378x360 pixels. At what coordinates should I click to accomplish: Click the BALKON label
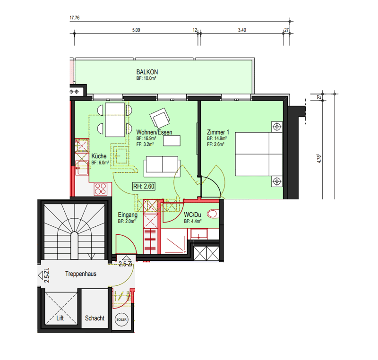pos(147,72)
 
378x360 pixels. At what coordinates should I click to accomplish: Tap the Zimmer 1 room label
pos(218,132)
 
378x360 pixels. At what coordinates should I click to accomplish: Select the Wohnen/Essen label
pos(155,132)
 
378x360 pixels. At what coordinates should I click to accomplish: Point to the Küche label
pos(99,156)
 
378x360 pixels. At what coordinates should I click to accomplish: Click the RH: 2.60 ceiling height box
pos(144,186)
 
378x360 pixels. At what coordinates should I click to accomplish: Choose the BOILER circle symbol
pos(121,319)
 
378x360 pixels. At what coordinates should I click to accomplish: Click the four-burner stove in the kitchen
pos(101,189)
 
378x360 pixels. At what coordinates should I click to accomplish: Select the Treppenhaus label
pos(81,274)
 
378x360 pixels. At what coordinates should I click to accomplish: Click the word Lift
pos(60,318)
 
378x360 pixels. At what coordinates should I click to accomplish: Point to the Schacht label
pos(95,318)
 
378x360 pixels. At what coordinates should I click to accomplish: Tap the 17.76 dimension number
pos(75,17)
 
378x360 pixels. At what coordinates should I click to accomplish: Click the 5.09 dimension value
pos(136,30)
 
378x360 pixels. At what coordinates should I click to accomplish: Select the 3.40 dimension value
pos(242,30)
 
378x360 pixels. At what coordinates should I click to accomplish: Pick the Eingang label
pos(128,214)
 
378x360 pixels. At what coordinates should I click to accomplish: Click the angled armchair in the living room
pos(160,118)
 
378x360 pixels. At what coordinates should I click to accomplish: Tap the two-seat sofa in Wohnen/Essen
pos(162,166)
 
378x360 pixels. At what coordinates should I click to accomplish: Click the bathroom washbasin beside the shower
pos(199,234)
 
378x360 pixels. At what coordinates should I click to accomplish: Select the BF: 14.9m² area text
pos(217,138)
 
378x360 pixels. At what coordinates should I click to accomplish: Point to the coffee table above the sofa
pos(172,141)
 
